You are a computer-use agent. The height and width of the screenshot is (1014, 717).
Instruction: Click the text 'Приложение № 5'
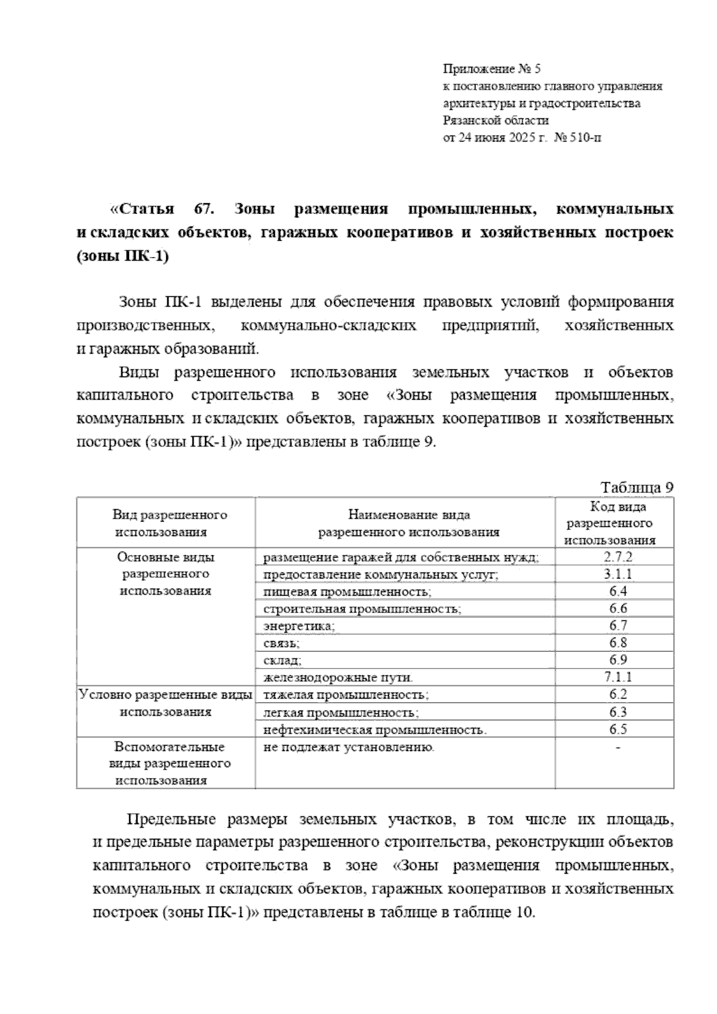coord(491,69)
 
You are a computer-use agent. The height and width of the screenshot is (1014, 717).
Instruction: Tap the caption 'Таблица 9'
coord(637,487)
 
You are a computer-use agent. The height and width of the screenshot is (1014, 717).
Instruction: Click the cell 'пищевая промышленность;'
coord(347,592)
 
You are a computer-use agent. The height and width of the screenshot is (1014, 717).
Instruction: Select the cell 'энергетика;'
coord(299,626)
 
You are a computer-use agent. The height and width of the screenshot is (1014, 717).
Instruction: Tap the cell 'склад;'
coord(282,660)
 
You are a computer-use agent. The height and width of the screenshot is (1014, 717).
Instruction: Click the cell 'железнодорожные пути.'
coord(338,678)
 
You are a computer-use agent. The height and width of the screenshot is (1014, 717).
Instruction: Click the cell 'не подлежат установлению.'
coord(348,747)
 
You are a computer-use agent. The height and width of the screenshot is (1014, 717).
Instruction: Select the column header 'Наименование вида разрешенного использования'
coord(409,523)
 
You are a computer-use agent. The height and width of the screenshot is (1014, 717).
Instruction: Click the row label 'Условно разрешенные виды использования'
coord(166,703)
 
